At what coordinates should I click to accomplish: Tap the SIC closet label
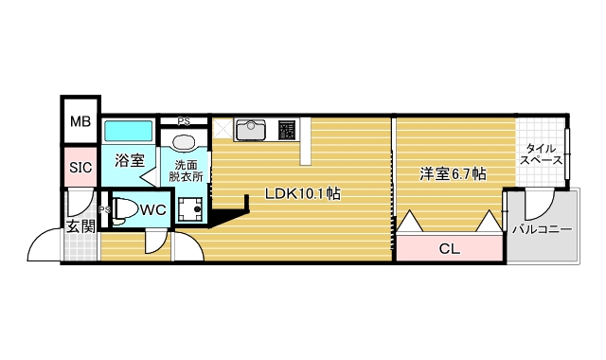pyautogui.click(x=80, y=168)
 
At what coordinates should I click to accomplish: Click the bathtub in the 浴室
pyautogui.click(x=128, y=131)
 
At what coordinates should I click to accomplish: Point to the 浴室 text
pyautogui.click(x=130, y=160)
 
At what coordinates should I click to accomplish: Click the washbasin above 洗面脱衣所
pyautogui.click(x=185, y=142)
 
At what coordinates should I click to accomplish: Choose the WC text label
pyautogui.click(x=154, y=209)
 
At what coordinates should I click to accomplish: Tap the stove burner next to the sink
pyautogui.click(x=288, y=129)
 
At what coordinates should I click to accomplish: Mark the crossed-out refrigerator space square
pyautogui.click(x=223, y=128)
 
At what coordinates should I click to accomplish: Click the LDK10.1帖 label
pyautogui.click(x=302, y=193)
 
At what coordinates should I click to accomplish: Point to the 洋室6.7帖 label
pyautogui.click(x=454, y=173)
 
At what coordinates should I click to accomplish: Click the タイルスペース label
pyautogui.click(x=542, y=154)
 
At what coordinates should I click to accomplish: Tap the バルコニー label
pyautogui.click(x=542, y=230)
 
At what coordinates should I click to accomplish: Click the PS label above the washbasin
pyautogui.click(x=184, y=121)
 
